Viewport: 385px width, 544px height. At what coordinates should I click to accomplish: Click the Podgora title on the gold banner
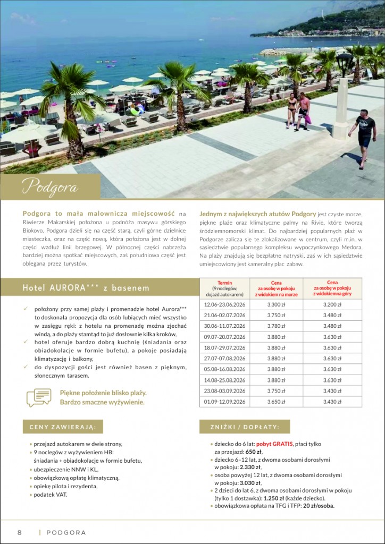pyautogui.click(x=50, y=188)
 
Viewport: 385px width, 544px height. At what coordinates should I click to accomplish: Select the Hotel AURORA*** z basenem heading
pyautogui.click(x=86, y=287)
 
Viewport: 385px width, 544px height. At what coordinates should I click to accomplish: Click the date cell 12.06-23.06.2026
pyautogui.click(x=225, y=305)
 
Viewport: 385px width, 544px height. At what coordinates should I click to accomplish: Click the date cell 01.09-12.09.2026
pyautogui.click(x=225, y=402)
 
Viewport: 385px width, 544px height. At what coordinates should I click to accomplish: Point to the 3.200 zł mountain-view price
pyautogui.click(x=332, y=305)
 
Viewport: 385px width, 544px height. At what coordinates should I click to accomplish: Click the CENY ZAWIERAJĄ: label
pyautogui.click(x=63, y=427)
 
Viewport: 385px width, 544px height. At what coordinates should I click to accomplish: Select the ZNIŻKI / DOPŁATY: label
pyautogui.click(x=245, y=427)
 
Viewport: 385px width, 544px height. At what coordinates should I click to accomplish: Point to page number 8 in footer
pyautogui.click(x=20, y=532)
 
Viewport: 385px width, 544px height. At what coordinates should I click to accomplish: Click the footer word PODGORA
pyautogui.click(x=66, y=532)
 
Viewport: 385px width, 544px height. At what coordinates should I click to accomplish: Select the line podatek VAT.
pyautogui.click(x=51, y=495)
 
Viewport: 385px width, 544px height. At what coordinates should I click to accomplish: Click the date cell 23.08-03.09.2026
pyautogui.click(x=225, y=391)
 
